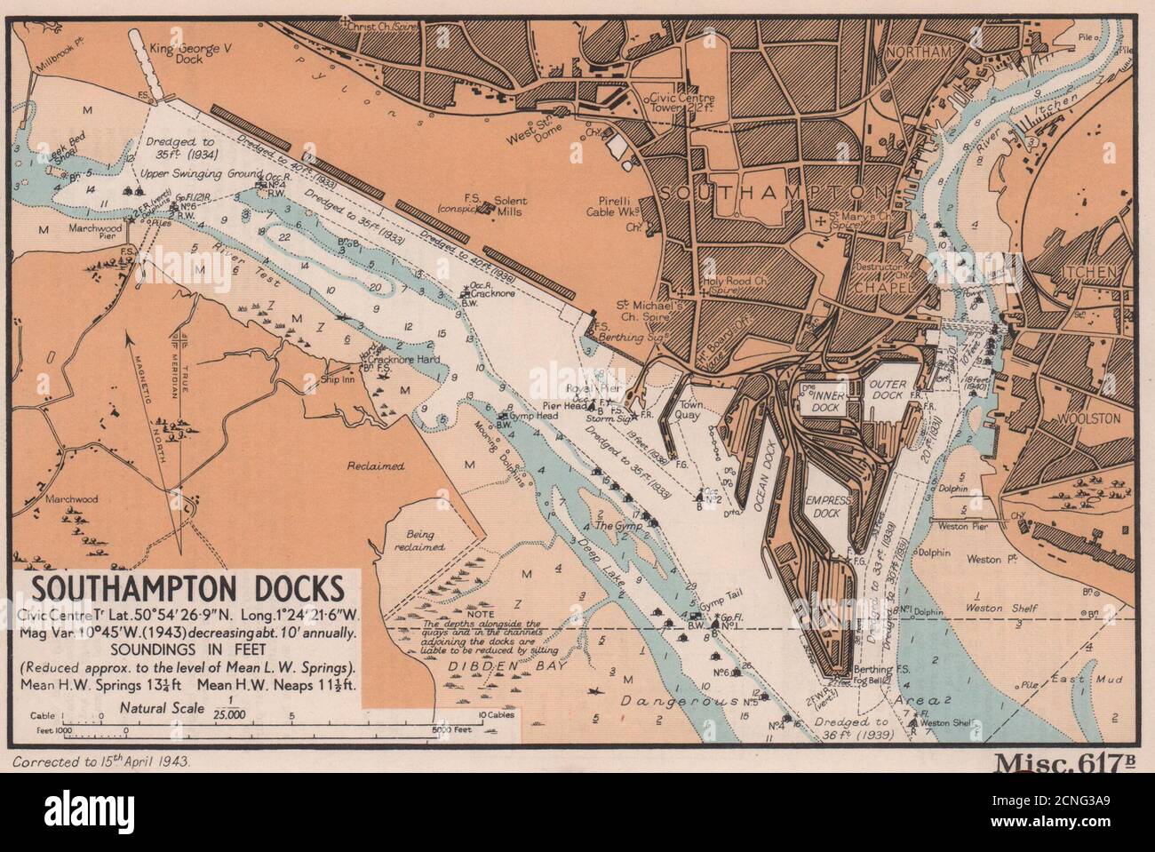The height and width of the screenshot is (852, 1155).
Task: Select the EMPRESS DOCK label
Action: pos(828,507)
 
